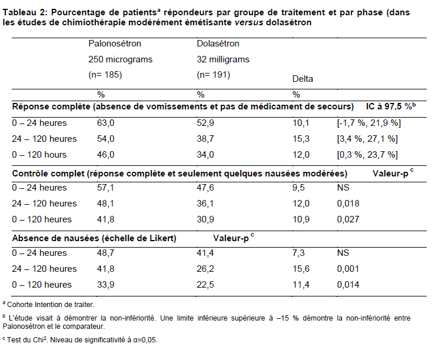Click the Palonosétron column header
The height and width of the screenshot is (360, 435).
tap(115, 44)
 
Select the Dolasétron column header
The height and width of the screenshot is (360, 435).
tap(218, 44)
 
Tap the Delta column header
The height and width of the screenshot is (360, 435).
tap(303, 79)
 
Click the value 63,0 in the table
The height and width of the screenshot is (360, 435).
tap(105, 123)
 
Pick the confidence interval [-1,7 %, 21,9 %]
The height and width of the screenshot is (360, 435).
tap(368, 123)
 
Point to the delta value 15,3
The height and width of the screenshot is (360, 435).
tap(301, 139)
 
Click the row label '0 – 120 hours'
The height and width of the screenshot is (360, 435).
tap(39, 155)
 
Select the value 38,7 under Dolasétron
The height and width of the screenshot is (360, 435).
tap(205, 139)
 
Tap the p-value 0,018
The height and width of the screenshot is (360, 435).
tap(348, 204)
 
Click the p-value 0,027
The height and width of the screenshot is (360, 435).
tap(348, 219)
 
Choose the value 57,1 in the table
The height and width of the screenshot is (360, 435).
tap(105, 188)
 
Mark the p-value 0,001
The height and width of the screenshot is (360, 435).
tap(348, 269)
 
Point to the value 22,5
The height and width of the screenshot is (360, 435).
tap(205, 285)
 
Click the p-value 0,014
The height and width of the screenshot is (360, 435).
tap(348, 285)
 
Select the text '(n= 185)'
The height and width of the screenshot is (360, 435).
tap(105, 75)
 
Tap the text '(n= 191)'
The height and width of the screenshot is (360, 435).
tap(213, 75)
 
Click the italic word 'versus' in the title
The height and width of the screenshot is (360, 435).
tap(249, 22)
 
